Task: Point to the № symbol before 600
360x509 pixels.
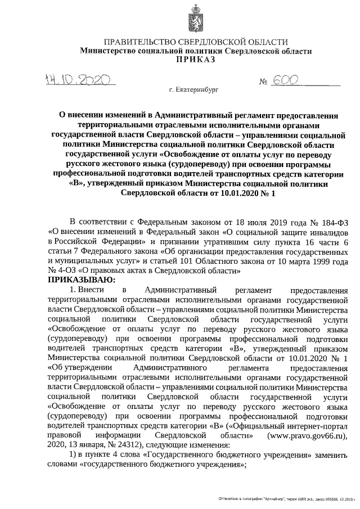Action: tap(263, 82)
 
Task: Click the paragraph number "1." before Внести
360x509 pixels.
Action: tap(71, 289)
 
